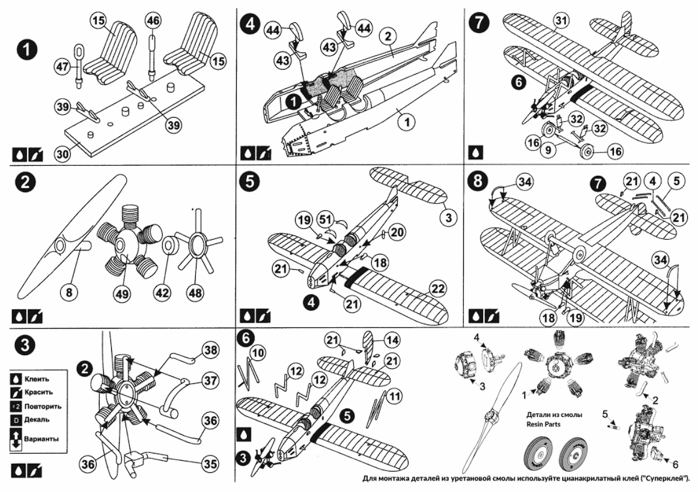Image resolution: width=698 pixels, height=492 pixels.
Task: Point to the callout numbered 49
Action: tap(121, 293)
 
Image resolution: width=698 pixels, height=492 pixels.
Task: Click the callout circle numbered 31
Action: tap(561, 21)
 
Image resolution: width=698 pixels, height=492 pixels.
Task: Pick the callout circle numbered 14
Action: tap(392, 340)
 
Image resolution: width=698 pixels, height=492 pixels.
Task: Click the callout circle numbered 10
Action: tap(258, 350)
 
